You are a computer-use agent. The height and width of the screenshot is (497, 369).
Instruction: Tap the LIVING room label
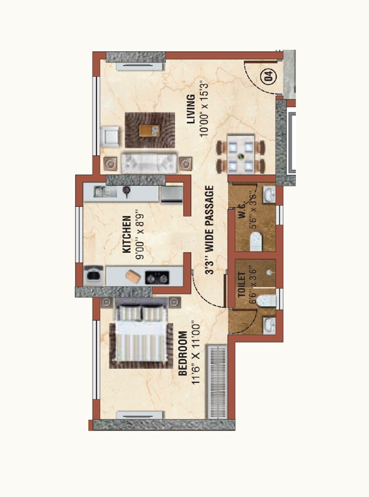click(190, 109)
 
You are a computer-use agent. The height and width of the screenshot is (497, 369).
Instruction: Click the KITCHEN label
click(127, 234)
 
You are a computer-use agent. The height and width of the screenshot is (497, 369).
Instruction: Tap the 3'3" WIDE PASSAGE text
click(210, 230)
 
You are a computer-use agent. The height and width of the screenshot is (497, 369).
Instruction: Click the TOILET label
click(241, 285)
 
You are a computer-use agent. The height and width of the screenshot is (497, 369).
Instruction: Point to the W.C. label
click(242, 213)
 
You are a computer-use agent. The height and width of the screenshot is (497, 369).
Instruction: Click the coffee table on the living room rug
click(149, 130)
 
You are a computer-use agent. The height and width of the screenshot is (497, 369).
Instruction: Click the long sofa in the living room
click(149, 163)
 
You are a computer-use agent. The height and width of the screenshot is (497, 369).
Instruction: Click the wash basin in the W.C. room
click(269, 194)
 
